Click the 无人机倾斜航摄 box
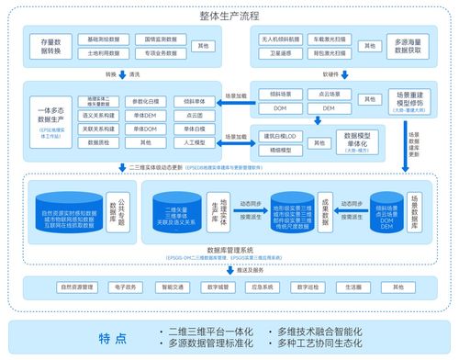[x=276, y=40]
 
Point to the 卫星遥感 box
[x=276, y=55]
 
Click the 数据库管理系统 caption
[x=229, y=249]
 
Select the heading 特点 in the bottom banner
[x=111, y=336]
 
